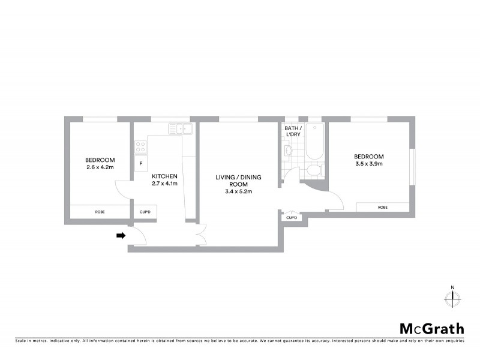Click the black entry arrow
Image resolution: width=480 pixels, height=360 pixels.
pyautogui.click(x=121, y=236)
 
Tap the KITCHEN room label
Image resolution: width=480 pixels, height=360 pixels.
pyautogui.click(x=164, y=176)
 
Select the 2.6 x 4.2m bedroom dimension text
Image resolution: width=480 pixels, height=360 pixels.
pyautogui.click(x=100, y=167)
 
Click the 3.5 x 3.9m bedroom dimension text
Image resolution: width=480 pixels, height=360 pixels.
pyautogui.click(x=369, y=163)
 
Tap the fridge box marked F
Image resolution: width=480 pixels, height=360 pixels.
pyautogui.click(x=141, y=163)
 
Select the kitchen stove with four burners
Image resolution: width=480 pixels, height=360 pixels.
pyautogui.click(x=140, y=146)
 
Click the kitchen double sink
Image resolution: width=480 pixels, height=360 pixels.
pyautogui.click(x=179, y=128)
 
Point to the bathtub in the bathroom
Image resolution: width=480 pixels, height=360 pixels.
pyautogui.click(x=314, y=142)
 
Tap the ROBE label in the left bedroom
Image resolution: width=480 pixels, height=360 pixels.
pyautogui.click(x=100, y=212)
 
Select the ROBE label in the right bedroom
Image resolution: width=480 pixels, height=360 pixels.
pyautogui.click(x=382, y=207)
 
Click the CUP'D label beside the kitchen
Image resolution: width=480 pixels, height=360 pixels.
pyautogui.click(x=145, y=212)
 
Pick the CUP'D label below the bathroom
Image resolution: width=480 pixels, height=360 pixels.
pyautogui.click(x=292, y=217)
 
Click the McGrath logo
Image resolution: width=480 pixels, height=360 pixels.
pyautogui.click(x=431, y=328)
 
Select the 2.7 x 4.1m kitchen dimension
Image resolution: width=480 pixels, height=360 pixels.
pyautogui.click(x=164, y=184)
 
